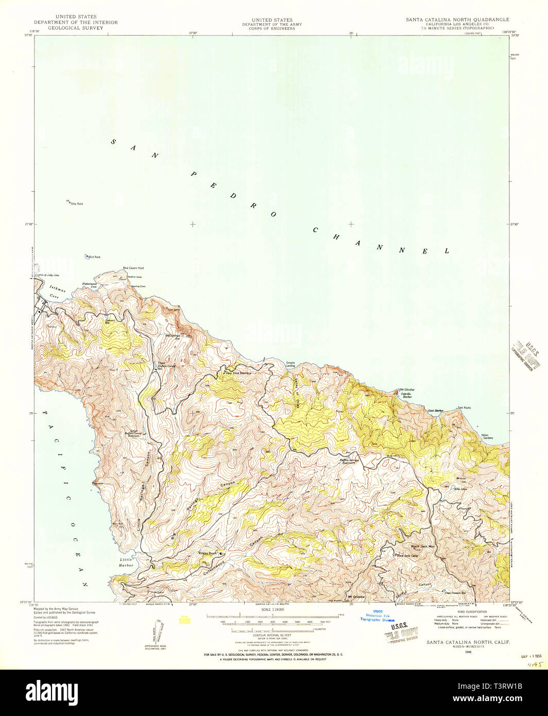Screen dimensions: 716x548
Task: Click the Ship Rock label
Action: [x=77, y=204]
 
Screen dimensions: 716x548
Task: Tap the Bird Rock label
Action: [x=94, y=257]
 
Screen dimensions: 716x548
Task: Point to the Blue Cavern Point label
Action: [x=133, y=268]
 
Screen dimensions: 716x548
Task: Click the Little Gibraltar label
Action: [x=406, y=389]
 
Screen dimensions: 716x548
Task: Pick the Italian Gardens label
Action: [x=487, y=436]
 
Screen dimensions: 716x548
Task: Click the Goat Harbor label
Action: [x=436, y=411]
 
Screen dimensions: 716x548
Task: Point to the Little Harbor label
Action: [x=126, y=562]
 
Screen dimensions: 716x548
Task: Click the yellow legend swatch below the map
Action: [x=184, y=620]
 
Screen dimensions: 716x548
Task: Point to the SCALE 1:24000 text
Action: [x=273, y=610]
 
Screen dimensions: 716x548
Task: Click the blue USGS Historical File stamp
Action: [x=378, y=616]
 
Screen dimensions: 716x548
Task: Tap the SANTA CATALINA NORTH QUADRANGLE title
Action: [x=457, y=20]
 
